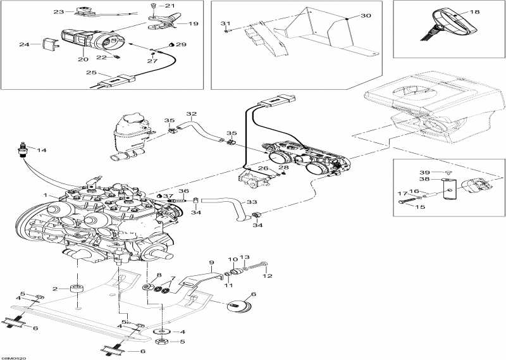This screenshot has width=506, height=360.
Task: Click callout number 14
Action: (x=42, y=150)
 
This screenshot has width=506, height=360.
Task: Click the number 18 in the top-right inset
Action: (x=475, y=11)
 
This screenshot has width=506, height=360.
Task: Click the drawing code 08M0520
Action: (x=14, y=356)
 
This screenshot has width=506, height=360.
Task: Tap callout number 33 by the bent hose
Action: (x=252, y=202)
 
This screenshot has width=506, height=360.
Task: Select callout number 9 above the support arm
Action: (x=212, y=262)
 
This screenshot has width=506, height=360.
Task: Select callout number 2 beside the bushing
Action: (x=55, y=289)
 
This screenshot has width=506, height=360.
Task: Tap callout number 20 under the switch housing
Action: (x=83, y=59)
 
